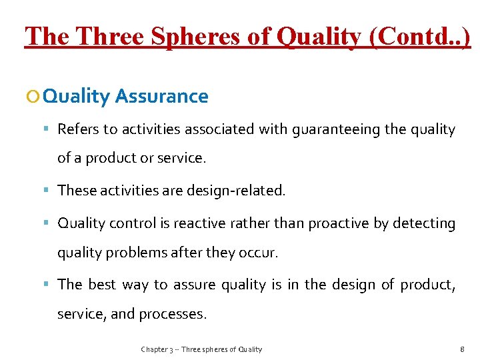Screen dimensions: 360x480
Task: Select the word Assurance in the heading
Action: pyautogui.click(x=162, y=97)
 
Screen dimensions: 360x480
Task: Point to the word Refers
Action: pyautogui.click(x=77, y=129)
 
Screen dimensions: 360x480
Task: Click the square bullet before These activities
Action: pyautogui.click(x=50, y=191)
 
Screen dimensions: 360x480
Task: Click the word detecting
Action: pyautogui.click(x=423, y=223)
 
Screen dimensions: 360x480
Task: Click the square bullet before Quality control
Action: pyautogui.click(x=50, y=223)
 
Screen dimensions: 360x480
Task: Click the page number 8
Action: pyautogui.click(x=462, y=349)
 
